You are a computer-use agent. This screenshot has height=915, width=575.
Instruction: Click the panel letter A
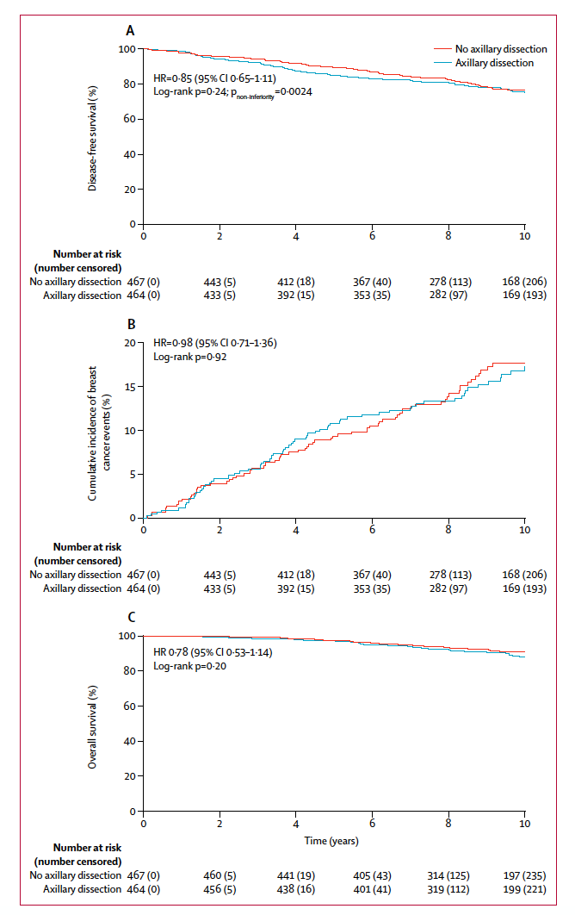tap(130, 30)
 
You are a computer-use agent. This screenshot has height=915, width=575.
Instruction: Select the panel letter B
tap(130, 325)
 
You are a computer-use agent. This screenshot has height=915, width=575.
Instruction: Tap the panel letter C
tap(130, 617)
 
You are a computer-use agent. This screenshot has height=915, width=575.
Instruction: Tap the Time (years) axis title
tap(331, 840)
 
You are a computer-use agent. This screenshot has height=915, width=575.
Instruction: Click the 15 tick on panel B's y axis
tap(130, 387)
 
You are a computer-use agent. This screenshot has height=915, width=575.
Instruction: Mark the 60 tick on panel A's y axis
tap(130, 120)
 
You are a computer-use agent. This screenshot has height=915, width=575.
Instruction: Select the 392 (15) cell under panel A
tap(294, 296)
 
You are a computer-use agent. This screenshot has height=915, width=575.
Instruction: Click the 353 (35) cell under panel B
tap(370, 588)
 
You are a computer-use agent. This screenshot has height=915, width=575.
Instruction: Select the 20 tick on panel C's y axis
tap(130, 776)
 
